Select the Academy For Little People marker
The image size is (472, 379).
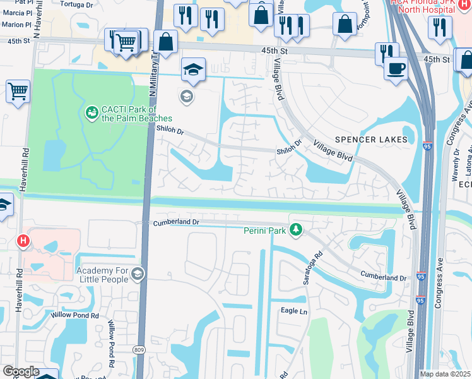(x=138, y=274)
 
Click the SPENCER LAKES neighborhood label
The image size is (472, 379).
(x=370, y=139)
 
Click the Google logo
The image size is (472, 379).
(x=20, y=371)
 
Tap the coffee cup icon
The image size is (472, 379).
(x=396, y=68)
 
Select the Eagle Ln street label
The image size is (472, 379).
(x=293, y=311)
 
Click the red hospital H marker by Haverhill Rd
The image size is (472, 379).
(x=23, y=241)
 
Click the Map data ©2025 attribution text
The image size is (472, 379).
(x=445, y=374)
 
